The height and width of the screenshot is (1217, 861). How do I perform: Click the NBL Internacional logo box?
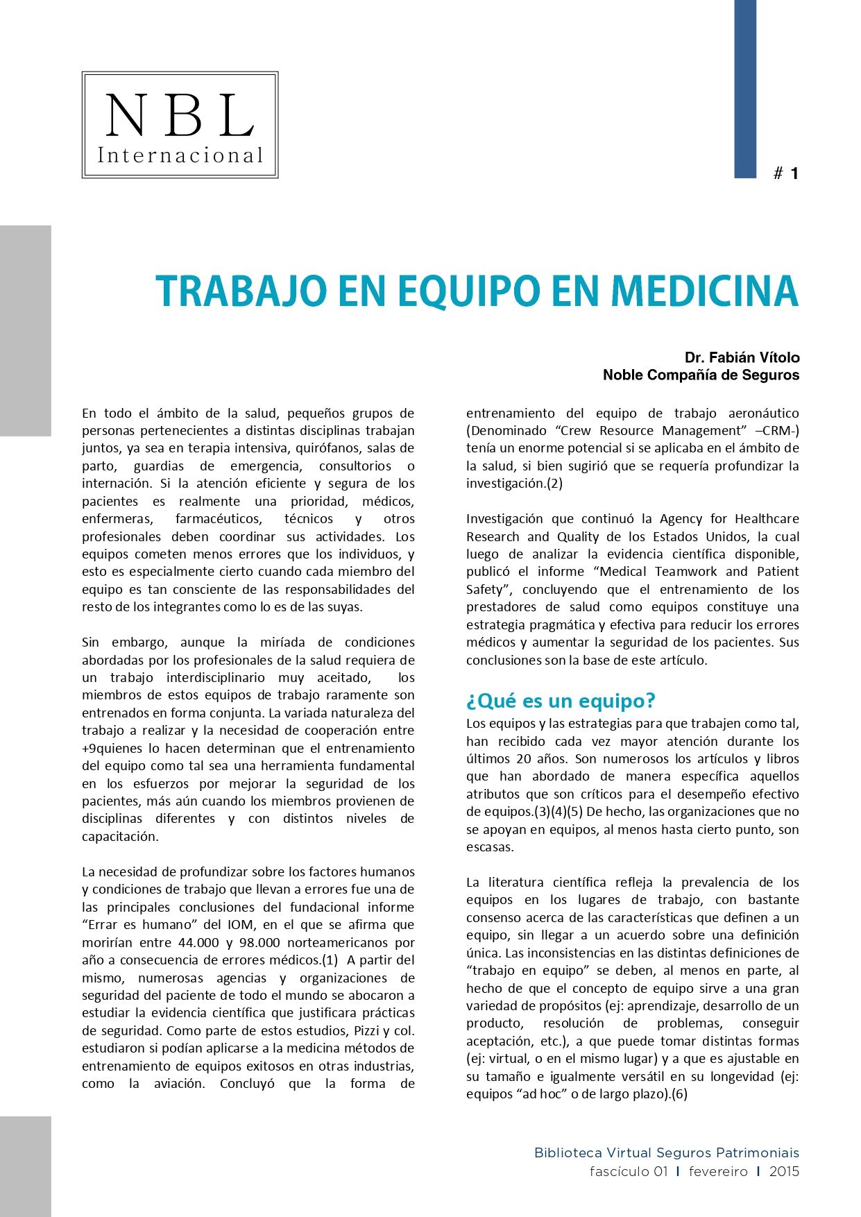180,125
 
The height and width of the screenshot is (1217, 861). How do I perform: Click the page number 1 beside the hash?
794,173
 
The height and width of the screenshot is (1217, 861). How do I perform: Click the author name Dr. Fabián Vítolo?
742,357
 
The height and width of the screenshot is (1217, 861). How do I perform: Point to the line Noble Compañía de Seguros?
701,375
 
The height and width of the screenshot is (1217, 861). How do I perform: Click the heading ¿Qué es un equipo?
561,701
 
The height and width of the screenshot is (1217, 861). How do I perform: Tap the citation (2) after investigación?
554,484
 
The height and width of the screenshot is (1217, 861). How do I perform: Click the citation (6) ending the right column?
679,1094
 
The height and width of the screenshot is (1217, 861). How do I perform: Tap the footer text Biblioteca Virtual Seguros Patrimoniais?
666,1152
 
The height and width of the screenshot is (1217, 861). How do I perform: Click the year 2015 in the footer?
784,1171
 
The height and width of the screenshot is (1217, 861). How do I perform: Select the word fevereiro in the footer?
718,1171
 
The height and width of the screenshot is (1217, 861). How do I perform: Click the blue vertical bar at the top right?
745,89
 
